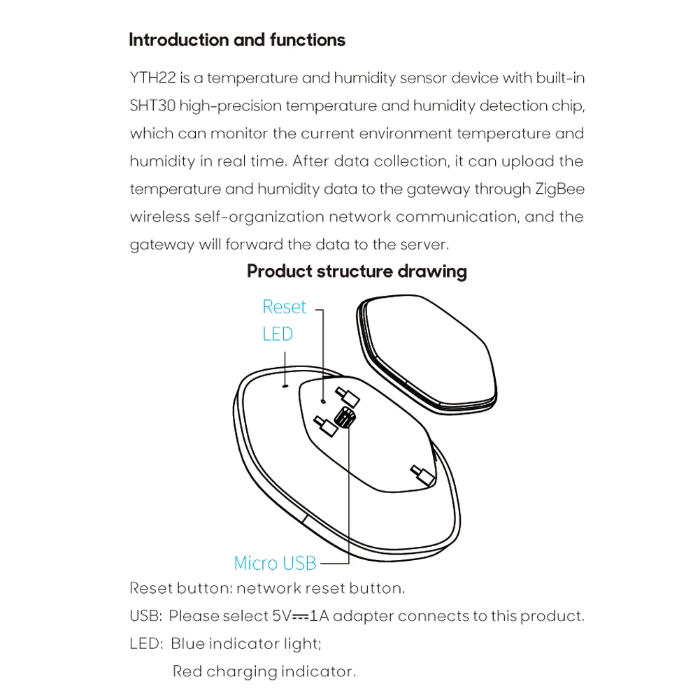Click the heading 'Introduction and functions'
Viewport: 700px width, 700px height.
[237, 40]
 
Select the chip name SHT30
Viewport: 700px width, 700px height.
[152, 106]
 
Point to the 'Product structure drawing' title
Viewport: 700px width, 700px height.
[357, 271]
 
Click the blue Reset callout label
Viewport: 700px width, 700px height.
[284, 306]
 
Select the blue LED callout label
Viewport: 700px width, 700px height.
[278, 334]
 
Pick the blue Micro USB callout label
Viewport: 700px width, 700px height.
[275, 563]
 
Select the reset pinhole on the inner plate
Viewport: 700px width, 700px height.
[322, 401]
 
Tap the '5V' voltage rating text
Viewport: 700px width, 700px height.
[280, 616]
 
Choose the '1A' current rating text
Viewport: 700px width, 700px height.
[321, 616]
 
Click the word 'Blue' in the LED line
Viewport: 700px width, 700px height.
[187, 643]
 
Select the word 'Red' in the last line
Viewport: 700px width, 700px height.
[187, 671]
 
